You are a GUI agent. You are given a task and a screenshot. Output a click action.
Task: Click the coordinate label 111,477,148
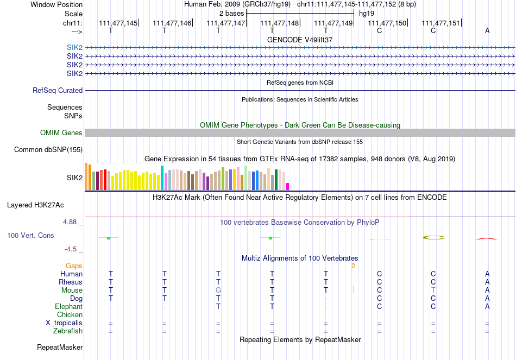point(280,23)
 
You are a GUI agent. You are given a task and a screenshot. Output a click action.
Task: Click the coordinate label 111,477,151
point(441,23)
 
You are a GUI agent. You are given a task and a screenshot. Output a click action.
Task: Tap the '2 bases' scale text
point(231,13)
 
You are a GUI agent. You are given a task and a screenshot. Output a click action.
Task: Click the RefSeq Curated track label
point(58,91)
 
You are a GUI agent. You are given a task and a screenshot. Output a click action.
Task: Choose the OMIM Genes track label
point(61,133)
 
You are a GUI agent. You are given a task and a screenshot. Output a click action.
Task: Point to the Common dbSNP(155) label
point(48,150)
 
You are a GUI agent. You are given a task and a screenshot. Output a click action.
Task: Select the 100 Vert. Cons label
point(30,236)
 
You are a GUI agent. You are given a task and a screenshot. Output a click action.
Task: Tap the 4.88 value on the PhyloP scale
point(70,222)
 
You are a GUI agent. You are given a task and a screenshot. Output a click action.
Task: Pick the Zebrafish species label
point(68,331)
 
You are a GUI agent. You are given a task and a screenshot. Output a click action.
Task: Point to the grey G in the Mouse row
point(218,290)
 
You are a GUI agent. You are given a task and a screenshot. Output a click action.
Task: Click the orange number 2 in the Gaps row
point(353,266)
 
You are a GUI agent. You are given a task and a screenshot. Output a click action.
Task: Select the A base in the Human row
point(487,274)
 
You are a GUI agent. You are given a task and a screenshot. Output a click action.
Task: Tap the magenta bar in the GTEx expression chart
point(288,186)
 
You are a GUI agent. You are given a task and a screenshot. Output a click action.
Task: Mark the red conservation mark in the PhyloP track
point(487,238)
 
